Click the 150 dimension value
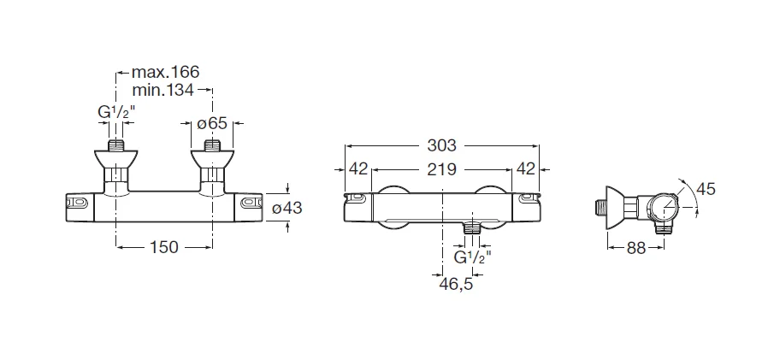[x=164, y=247]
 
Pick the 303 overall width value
[x=442, y=145]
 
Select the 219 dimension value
[x=442, y=168]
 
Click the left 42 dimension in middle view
[x=357, y=168]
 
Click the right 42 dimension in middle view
[x=526, y=168]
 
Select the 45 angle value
[x=706, y=187]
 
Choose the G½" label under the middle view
[x=471, y=256]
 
